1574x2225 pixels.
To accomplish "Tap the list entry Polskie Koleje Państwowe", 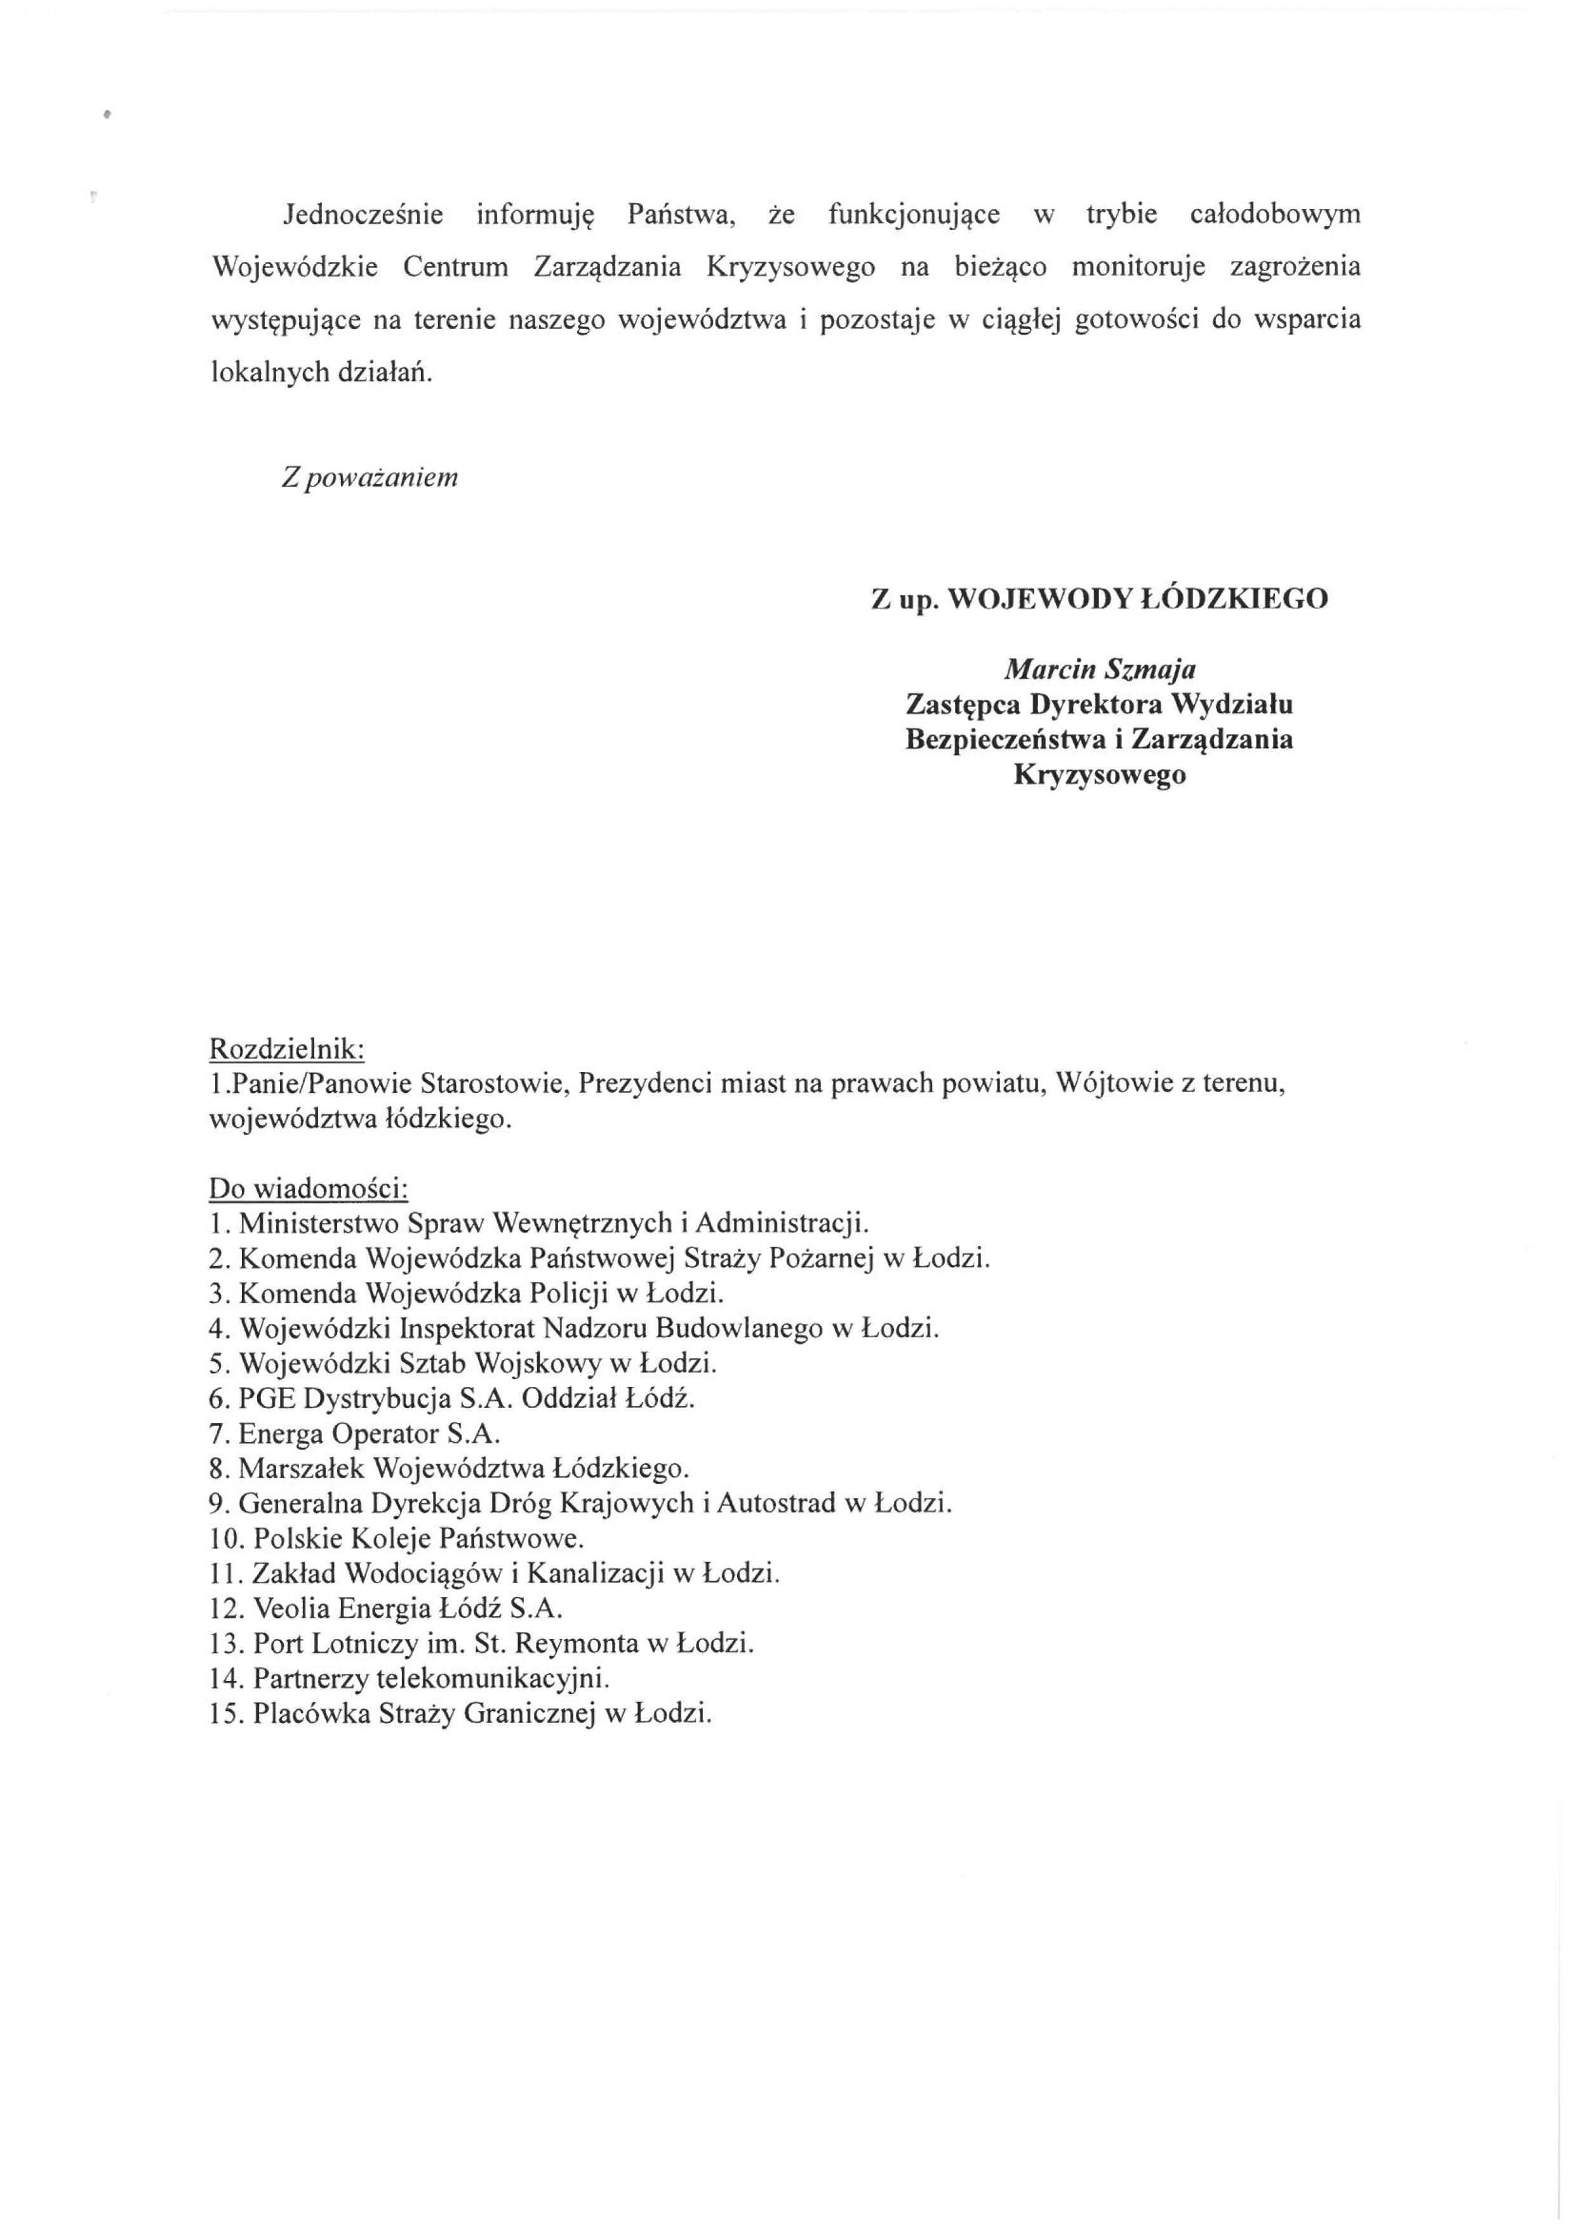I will tap(418, 1538).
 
